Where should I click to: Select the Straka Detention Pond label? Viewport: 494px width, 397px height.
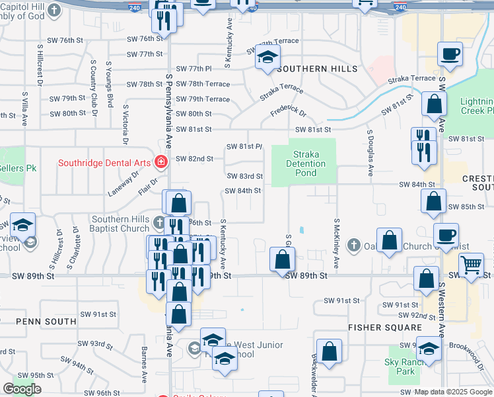pyautogui.click(x=306, y=163)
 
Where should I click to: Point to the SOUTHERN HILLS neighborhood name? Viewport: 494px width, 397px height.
pyautogui.click(x=318, y=69)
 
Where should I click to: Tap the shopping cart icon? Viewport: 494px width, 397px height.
pyautogui.click(x=471, y=266)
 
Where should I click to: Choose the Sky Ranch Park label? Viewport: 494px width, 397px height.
pyautogui.click(x=400, y=367)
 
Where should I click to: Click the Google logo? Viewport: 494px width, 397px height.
pyautogui.click(x=22, y=389)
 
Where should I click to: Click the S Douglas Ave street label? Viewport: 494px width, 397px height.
pyautogui.click(x=370, y=152)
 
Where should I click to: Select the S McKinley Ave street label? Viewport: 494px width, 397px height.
pyautogui.click(x=337, y=245)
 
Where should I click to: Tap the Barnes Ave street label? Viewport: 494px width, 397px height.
pyautogui.click(x=144, y=368)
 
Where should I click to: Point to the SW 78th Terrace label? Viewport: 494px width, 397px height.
pyautogui.click(x=203, y=84)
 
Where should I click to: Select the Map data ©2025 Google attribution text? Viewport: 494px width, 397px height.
pyautogui.click(x=453, y=392)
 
